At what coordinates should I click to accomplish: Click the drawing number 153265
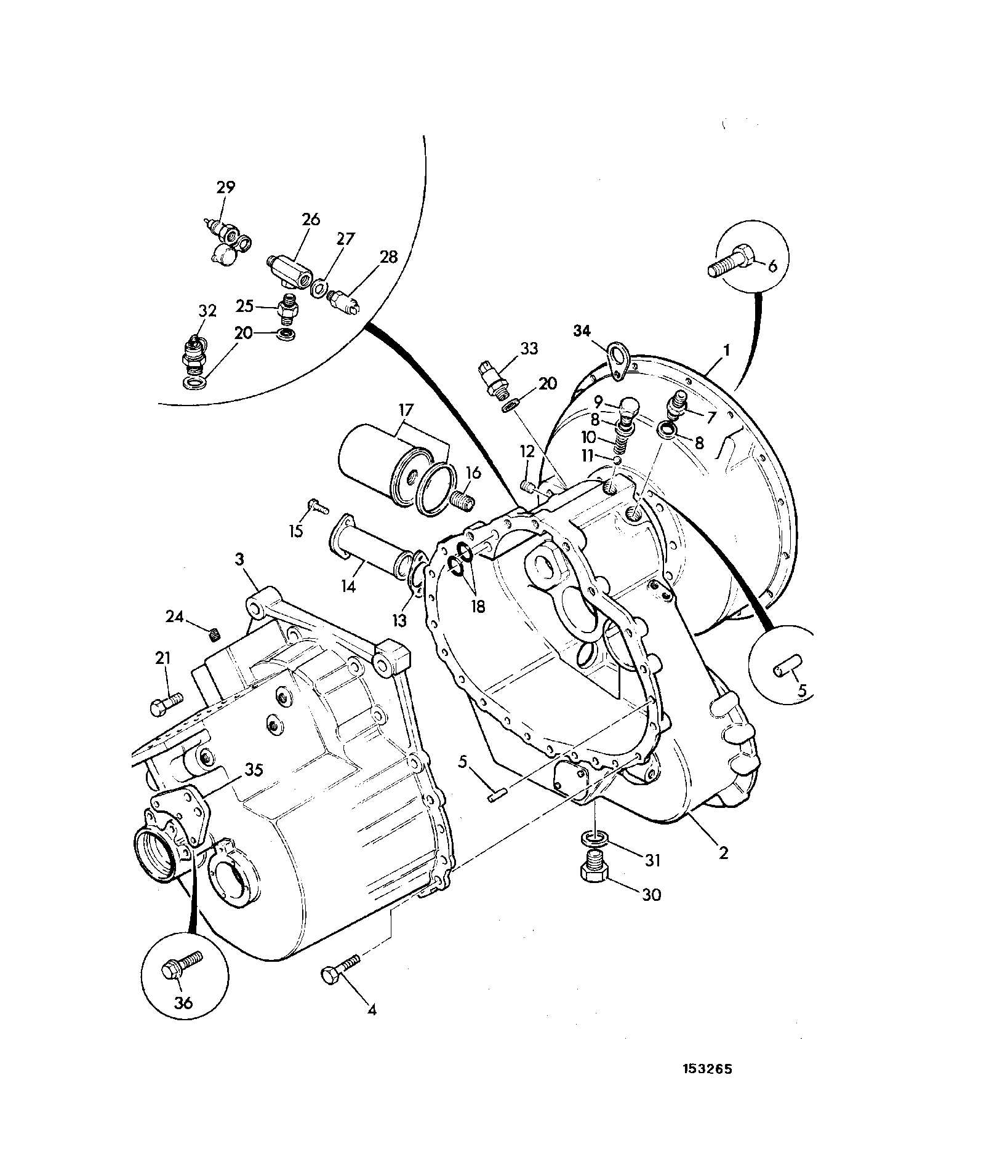(707, 1086)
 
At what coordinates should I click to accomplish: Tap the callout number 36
(183, 1002)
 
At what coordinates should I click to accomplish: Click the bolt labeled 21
(166, 703)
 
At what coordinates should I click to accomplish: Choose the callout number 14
(348, 586)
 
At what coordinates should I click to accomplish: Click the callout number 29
(225, 187)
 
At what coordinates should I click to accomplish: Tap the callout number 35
(254, 769)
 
